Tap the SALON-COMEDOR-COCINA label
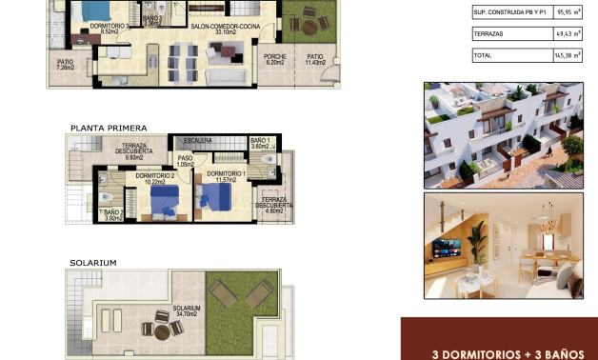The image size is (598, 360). [x=225, y=27]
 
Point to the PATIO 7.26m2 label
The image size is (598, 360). [x=65, y=65]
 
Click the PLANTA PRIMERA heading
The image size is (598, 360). [x=108, y=127]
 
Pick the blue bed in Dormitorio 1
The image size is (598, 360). [x=214, y=196]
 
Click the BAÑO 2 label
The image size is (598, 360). [x=113, y=215]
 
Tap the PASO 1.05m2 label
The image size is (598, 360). [x=185, y=162]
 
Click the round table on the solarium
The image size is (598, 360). [x=163, y=329]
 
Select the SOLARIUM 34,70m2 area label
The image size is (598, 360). [x=187, y=311]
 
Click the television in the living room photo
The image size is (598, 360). [x=446, y=249]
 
